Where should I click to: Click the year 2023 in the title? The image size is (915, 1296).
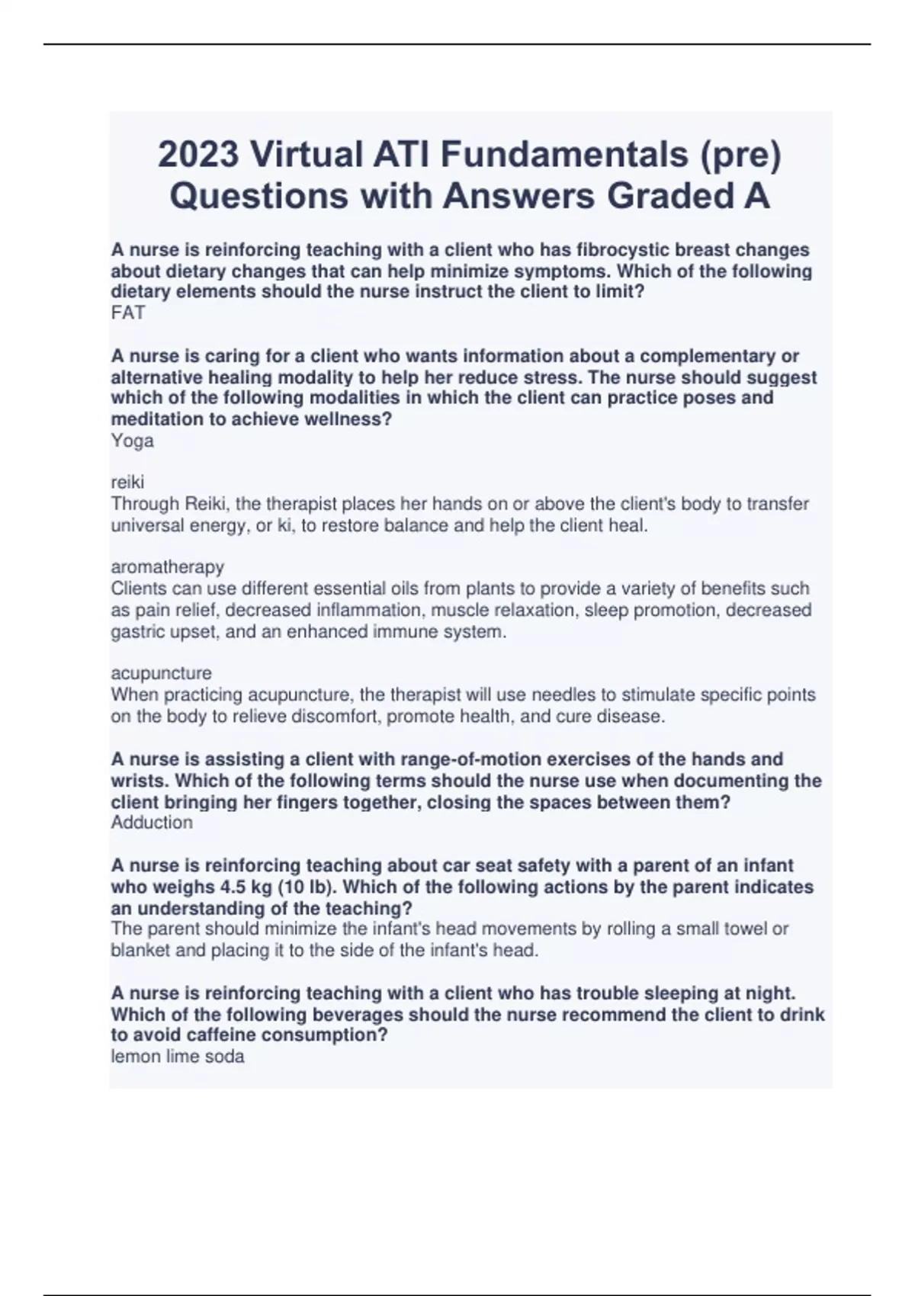click(x=197, y=155)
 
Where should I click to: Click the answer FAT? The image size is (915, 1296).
click(x=128, y=313)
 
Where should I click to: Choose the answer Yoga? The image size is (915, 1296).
click(x=133, y=441)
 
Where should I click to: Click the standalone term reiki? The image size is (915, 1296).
click(x=127, y=482)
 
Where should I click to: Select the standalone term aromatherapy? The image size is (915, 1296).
click(x=168, y=567)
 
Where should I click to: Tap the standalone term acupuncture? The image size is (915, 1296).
click(x=162, y=673)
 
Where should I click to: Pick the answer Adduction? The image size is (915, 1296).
click(x=152, y=823)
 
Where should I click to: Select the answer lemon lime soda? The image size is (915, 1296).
click(x=178, y=1057)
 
